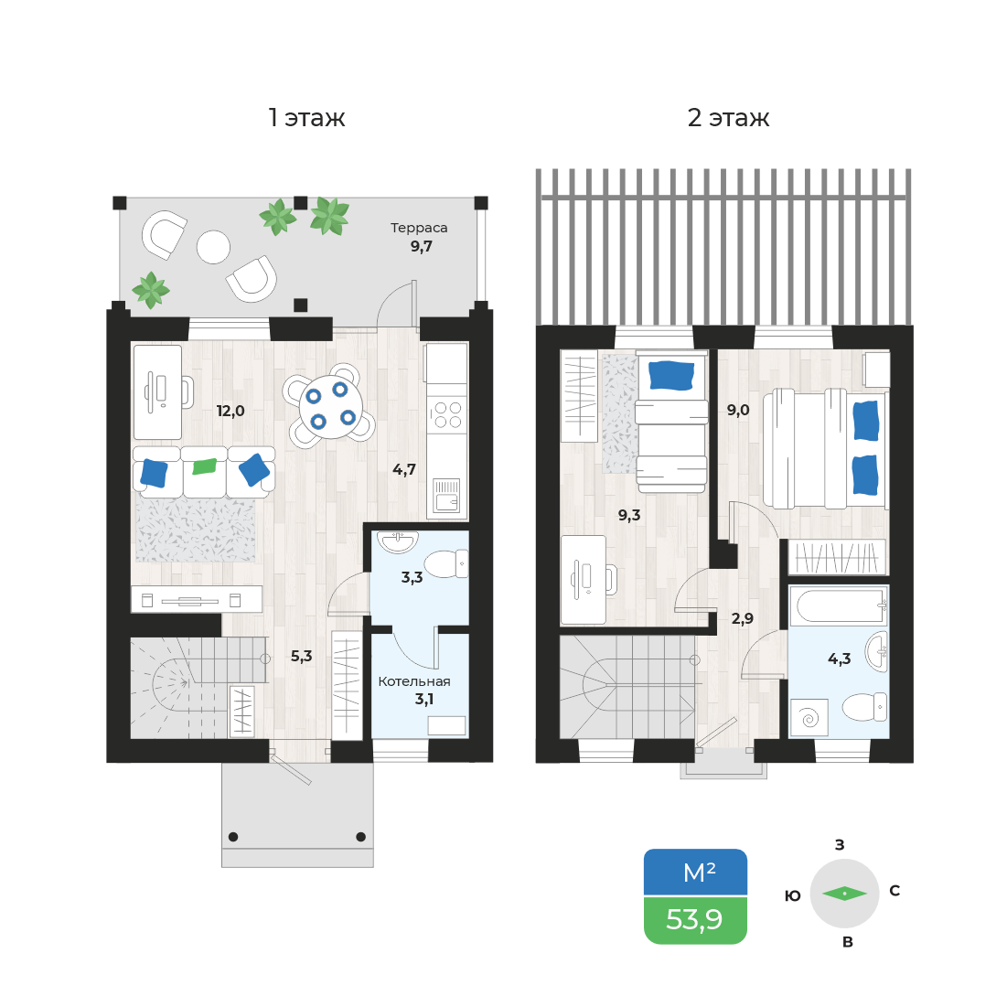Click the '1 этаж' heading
tap(306, 117)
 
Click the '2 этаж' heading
tap(728, 117)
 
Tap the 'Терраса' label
tap(419, 228)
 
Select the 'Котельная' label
tap(414, 681)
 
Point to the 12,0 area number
tap(230, 411)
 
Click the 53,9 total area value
tap(694, 920)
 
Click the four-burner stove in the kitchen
tap(447, 414)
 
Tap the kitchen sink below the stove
tap(446, 495)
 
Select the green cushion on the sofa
tap(205, 466)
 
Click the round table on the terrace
tap(213, 247)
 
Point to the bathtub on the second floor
tap(839, 605)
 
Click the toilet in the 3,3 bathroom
tap(446, 564)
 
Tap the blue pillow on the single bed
tap(671, 376)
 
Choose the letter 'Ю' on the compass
tap(793, 896)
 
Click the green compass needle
tap(844, 894)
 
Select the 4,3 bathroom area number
tap(840, 659)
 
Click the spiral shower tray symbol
tap(809, 717)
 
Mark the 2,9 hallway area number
tap(743, 618)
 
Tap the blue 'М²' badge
tap(695, 873)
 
